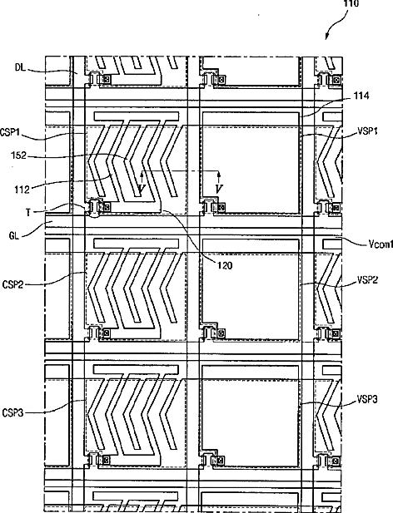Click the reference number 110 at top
click(351, 3)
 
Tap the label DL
click(20, 67)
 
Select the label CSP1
click(10, 133)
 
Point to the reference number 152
click(18, 155)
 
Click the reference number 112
click(22, 189)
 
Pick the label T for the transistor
click(28, 213)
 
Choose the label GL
click(14, 236)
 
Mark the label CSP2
click(12, 284)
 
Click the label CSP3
click(12, 413)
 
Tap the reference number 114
click(361, 96)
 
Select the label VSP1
click(367, 131)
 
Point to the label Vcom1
click(380, 244)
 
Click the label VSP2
click(367, 280)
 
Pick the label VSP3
click(367, 399)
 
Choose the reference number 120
click(225, 265)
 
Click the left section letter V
click(142, 189)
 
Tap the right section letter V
click(219, 189)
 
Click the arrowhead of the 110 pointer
click(327, 37)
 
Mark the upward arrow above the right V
click(219, 177)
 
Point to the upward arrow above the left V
click(142, 177)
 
